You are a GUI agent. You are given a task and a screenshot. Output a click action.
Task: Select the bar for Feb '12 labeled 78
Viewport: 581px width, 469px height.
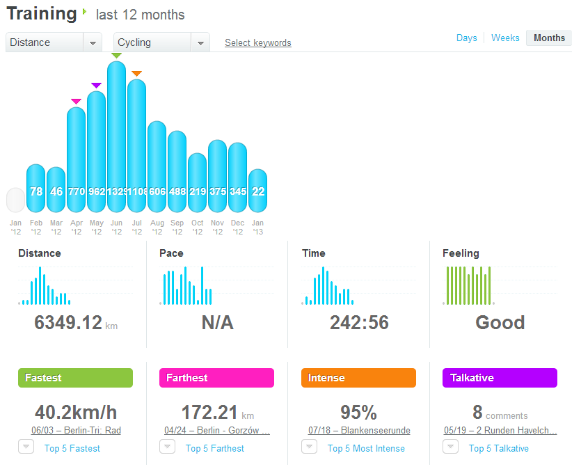coord(35,189)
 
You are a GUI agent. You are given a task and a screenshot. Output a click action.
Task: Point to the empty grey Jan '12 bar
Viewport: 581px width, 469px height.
coord(15,200)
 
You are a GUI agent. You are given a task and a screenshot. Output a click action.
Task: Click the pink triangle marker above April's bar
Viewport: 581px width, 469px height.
coord(76,102)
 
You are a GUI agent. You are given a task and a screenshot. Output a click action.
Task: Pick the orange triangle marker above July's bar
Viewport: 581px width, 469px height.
coord(136,73)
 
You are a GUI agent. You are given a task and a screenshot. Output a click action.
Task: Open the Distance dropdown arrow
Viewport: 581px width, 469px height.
coord(93,43)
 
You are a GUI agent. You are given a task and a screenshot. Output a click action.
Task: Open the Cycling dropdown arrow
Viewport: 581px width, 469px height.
coord(200,43)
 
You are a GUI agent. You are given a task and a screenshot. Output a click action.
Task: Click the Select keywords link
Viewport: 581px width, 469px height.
coord(257,43)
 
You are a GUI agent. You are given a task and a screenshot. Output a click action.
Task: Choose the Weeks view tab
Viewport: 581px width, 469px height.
coord(505,38)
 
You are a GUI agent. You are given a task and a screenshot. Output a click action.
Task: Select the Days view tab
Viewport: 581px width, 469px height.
coord(467,38)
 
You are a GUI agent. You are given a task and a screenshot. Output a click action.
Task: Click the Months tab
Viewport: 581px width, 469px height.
coord(549,38)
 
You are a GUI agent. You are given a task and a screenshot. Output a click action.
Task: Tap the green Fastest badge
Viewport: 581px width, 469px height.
coord(75,378)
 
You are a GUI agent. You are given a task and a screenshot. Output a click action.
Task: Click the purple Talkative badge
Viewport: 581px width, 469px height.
coord(500,378)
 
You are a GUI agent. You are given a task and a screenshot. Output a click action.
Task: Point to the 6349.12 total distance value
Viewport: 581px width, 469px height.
coord(68,323)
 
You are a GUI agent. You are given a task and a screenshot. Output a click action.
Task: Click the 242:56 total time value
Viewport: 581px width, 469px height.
coord(359,323)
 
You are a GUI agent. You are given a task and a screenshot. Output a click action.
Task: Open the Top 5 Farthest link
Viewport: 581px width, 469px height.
coord(215,449)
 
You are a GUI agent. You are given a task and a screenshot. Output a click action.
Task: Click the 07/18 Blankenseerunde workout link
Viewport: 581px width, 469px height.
coord(359,431)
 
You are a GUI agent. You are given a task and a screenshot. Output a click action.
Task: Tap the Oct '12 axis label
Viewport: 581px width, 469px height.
coord(198,228)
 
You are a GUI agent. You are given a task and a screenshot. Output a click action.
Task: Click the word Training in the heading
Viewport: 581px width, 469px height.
coord(42,13)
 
